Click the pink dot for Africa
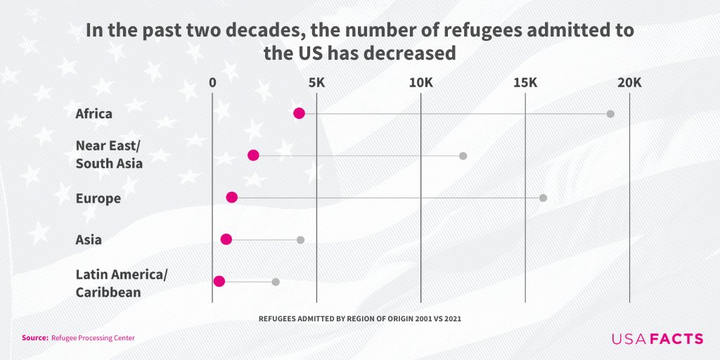(x=299, y=113)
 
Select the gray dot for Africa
(x=610, y=114)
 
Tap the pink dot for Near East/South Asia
(x=253, y=155)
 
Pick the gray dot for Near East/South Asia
(x=463, y=155)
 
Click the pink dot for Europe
(x=232, y=198)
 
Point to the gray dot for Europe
(x=543, y=198)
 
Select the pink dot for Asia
(x=226, y=239)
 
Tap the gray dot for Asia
(x=300, y=240)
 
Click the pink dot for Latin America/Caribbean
(x=219, y=281)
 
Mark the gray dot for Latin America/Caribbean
(x=276, y=282)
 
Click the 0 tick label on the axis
(x=212, y=82)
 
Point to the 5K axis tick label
(x=317, y=82)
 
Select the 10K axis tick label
(x=421, y=82)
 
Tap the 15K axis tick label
(x=525, y=82)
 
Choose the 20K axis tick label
(x=629, y=82)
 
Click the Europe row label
(x=98, y=198)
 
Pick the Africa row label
(x=94, y=114)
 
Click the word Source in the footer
(x=34, y=338)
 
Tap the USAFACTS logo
(x=657, y=339)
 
